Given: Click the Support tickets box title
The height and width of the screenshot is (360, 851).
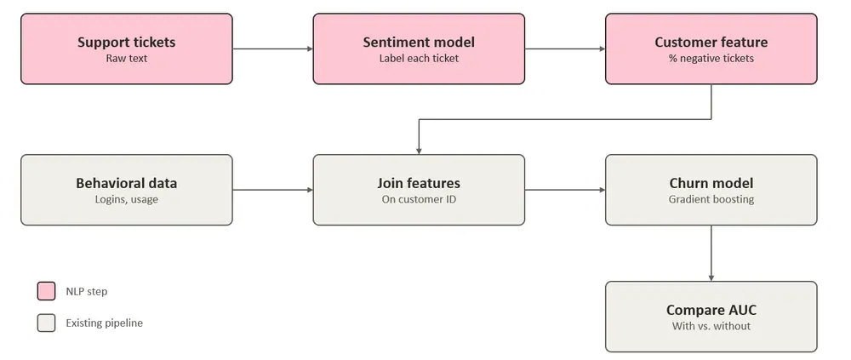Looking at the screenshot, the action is tap(127, 42).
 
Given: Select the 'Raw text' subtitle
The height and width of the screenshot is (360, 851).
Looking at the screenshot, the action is tap(127, 58).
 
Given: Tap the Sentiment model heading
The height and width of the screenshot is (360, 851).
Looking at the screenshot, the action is tap(419, 42).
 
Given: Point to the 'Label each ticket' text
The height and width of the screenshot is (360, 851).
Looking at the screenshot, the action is tap(419, 58).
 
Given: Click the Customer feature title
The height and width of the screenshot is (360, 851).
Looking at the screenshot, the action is tap(711, 42).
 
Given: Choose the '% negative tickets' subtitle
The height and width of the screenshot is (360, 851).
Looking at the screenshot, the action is tap(711, 58).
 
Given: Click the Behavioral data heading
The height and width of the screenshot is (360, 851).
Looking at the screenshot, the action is tap(127, 183).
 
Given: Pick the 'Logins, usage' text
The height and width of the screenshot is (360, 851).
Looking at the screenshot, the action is tap(127, 199).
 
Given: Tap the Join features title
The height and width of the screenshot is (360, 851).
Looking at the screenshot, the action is tap(419, 183).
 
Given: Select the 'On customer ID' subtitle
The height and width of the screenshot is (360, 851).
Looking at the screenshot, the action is tap(419, 199).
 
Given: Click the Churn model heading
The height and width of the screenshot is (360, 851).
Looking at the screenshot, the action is tap(711, 183).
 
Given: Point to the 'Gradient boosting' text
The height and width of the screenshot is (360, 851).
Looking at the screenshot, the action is tap(711, 199).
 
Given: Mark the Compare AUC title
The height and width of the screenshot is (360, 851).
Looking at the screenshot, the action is tap(711, 310).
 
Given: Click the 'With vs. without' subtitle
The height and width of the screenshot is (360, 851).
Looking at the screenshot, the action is tap(711, 326).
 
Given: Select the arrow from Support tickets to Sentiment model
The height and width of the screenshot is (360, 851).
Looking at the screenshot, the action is tap(273, 49).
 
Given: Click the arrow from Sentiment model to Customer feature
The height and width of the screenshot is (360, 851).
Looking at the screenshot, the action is tap(565, 49).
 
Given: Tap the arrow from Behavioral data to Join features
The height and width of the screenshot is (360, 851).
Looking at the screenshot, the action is tap(273, 190).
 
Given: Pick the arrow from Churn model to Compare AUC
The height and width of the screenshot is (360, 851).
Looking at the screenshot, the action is tap(711, 253).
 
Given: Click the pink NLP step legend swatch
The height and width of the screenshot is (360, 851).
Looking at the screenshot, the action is tap(46, 291).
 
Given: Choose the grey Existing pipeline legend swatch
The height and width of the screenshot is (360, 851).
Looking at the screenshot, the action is tap(46, 323).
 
